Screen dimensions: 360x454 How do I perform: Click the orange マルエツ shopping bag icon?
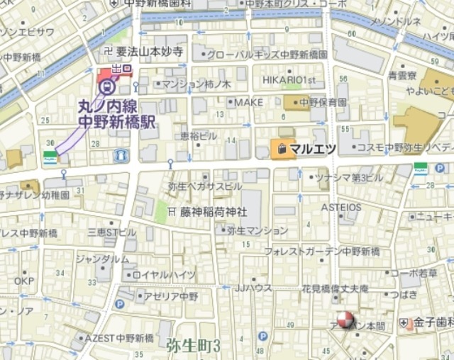280,149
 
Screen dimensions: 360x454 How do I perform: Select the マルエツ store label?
313,149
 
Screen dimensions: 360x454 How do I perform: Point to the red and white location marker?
344,321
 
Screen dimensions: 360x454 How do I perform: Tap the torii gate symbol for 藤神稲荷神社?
172,211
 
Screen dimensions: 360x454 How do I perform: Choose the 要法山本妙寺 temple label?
150,51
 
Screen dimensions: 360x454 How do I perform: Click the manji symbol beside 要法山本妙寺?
109,51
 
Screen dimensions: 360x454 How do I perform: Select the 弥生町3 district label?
194,346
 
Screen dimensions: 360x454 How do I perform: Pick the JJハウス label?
254,288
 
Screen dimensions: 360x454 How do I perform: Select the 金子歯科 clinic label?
434,322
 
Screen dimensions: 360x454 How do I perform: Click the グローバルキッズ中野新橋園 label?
268,54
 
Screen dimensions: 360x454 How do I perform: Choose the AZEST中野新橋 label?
124,338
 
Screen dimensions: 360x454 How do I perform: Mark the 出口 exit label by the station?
122,69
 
